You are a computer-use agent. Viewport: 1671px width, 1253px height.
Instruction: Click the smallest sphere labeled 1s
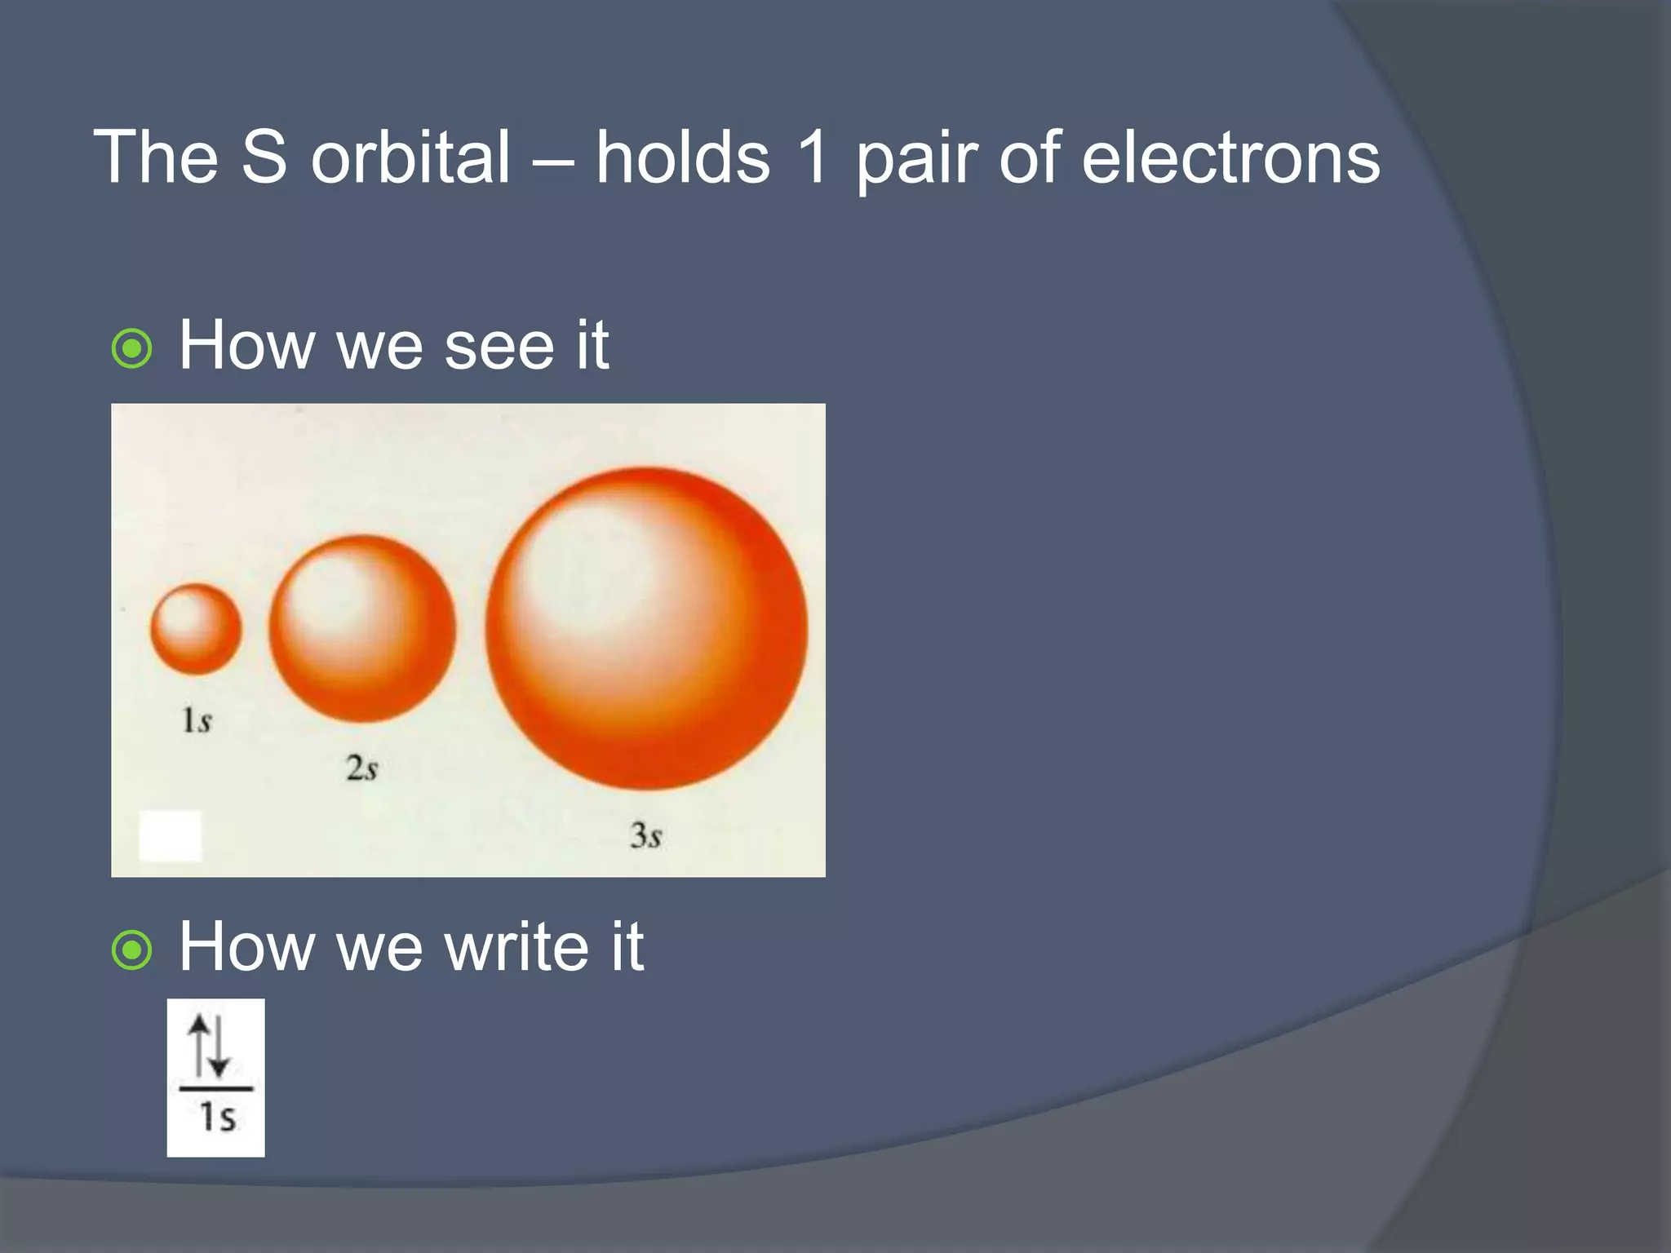(196, 629)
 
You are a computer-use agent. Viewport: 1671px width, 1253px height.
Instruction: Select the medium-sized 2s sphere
(362, 629)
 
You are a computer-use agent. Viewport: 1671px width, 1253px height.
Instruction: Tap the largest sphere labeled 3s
(646, 629)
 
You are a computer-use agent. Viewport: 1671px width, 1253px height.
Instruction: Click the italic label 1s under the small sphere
(196, 721)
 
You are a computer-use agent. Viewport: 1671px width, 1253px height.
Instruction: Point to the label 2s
(361, 768)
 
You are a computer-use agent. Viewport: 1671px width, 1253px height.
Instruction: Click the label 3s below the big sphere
(645, 835)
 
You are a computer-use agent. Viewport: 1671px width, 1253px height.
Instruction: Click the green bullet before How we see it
(131, 349)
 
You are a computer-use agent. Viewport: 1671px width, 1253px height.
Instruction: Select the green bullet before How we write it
(131, 950)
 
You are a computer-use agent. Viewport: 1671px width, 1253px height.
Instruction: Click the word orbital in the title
(410, 157)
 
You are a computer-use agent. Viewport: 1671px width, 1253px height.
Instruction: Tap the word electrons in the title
(1230, 157)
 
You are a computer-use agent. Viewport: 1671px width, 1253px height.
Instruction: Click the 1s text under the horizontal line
(217, 1118)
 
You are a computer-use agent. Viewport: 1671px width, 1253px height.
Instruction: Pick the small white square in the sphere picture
(171, 835)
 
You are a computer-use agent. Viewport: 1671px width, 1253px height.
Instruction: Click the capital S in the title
(264, 157)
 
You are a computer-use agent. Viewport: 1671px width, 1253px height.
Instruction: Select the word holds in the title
(682, 157)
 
